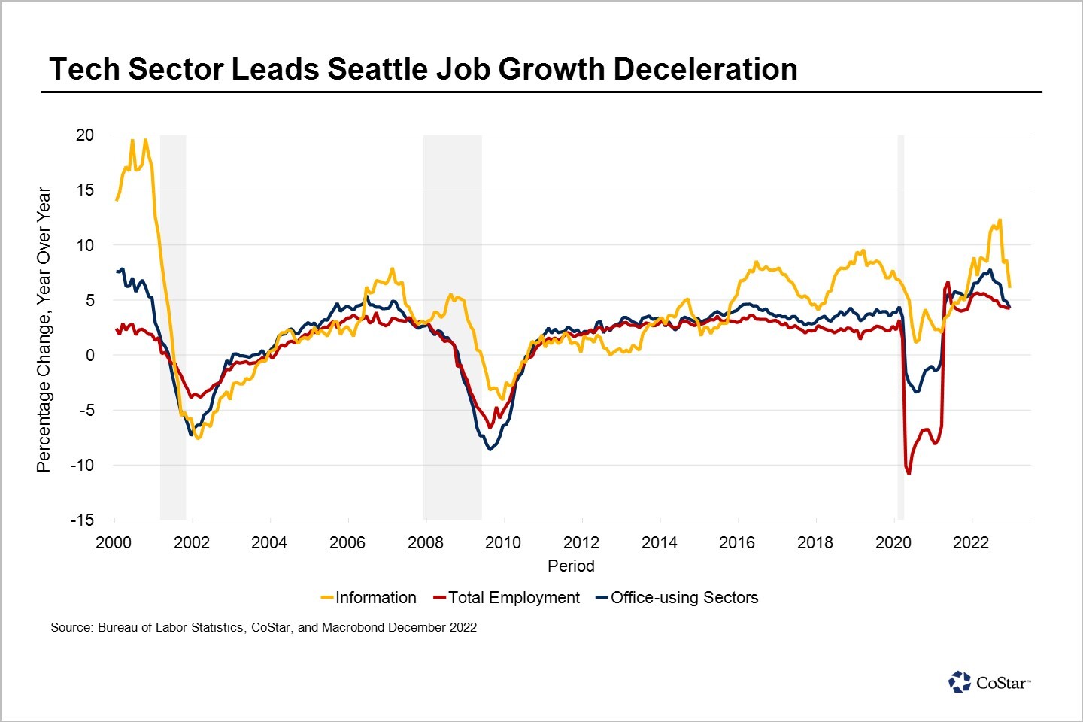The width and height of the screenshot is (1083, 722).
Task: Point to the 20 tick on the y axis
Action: point(85,135)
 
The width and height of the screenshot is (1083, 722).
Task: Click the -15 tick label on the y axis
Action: point(82,520)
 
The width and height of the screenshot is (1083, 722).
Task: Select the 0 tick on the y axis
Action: point(89,355)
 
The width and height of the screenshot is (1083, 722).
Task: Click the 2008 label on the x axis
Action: point(425,542)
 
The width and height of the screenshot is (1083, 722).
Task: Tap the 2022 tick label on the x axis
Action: point(971,542)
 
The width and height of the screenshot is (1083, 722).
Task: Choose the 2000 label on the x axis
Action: point(114,542)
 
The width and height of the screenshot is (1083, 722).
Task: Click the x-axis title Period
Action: point(571,566)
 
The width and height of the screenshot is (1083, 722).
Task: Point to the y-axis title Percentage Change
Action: point(44,329)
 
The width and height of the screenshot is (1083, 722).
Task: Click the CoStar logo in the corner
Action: point(989,682)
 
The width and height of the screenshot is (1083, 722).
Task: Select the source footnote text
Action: point(263,627)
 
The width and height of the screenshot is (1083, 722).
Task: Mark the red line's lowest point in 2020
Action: point(909,474)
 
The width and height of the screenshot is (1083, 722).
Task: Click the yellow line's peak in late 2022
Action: point(1000,220)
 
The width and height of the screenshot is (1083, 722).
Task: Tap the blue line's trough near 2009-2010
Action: point(490,449)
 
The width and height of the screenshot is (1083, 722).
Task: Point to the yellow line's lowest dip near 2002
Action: point(198,437)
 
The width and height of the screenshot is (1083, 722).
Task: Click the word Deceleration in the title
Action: point(705,69)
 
